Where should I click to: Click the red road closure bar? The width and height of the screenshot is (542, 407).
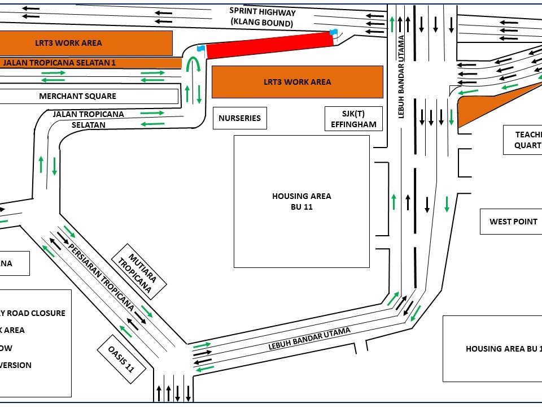click(268, 45)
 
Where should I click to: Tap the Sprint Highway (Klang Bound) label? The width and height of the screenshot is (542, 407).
click(262, 17)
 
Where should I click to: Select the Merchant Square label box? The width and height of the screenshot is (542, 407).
click(77, 96)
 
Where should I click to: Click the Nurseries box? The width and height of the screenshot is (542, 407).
click(239, 118)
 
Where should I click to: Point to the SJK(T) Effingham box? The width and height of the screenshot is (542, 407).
click(353, 119)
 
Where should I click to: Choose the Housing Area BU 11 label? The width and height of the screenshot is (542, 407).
click(301, 201)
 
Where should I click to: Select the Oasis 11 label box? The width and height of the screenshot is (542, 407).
click(121, 358)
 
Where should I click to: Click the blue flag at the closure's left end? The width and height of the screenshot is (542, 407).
click(200, 49)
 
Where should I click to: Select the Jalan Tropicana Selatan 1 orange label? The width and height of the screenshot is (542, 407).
click(59, 62)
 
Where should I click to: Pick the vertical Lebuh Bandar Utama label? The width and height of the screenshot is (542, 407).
click(402, 76)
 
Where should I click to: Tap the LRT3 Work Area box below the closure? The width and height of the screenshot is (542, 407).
click(297, 82)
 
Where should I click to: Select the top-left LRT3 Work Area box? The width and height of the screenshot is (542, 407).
click(73, 43)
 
